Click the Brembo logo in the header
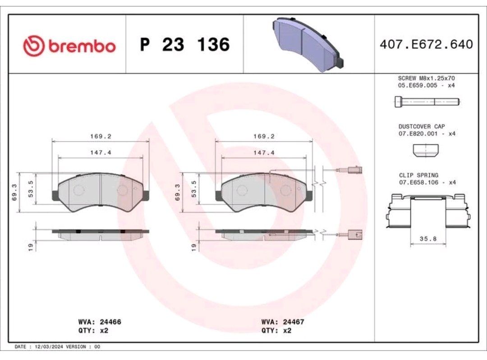coord(69,46)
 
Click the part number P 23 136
coord(185,44)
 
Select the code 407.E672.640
coord(427,44)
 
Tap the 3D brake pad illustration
coord(308,44)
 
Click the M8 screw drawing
coord(427,102)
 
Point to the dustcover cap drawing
coord(426,150)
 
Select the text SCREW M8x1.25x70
coord(426,78)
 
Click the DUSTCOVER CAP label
coord(422,126)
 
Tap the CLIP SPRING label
coord(418,175)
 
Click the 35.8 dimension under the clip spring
coord(428,239)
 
